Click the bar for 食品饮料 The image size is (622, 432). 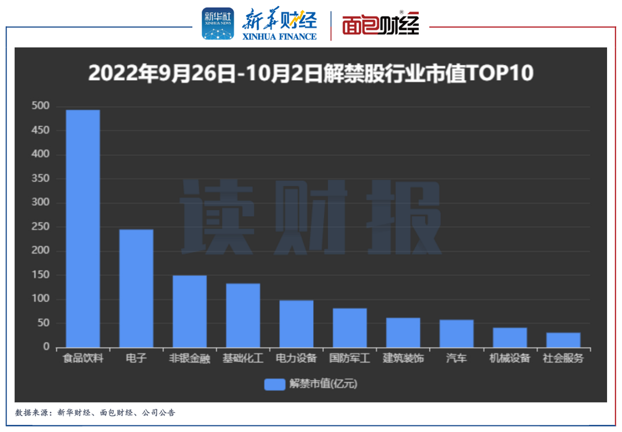pyautogui.click(x=83, y=228)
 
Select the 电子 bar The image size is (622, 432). pyautogui.click(x=136, y=288)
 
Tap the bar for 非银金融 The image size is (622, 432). pyautogui.click(x=190, y=311)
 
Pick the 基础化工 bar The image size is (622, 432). pyautogui.click(x=243, y=315)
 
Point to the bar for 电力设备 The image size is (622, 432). pyautogui.click(x=296, y=324)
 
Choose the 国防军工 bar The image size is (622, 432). pyautogui.click(x=350, y=328)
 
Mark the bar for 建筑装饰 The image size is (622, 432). pyautogui.click(x=403, y=333)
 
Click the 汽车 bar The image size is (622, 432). pyautogui.click(x=457, y=334)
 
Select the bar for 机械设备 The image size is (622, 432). pyautogui.click(x=510, y=337)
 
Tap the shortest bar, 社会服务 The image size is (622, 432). pyautogui.click(x=563, y=340)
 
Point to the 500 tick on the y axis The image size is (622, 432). pyautogui.click(x=41, y=106)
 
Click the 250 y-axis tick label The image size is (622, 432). pyautogui.click(x=41, y=227)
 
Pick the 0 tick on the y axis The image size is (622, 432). pyautogui.click(x=46, y=347)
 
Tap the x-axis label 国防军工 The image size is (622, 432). pyautogui.click(x=350, y=358)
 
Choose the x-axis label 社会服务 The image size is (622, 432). pyautogui.click(x=563, y=358)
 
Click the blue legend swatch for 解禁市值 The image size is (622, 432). pyautogui.click(x=275, y=384)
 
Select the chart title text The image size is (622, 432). pyautogui.click(x=310, y=74)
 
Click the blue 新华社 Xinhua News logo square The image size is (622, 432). pyautogui.click(x=218, y=24)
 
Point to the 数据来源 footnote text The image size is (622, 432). pyautogui.click(x=96, y=413)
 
